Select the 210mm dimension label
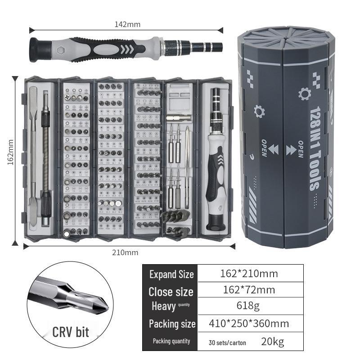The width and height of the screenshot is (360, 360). coord(125,252)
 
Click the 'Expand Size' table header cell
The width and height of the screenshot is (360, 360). coord(171,274)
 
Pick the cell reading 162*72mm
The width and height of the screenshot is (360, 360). coord(249,289)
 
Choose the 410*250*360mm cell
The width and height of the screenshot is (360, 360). coord(249,323)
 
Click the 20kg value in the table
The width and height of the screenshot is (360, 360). coord(272,342)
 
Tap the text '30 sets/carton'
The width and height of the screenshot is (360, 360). coord(227,342)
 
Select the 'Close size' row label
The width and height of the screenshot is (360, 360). coord(171,291)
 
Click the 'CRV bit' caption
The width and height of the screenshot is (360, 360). coord(71,333)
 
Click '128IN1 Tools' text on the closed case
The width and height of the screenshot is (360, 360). coord(315,148)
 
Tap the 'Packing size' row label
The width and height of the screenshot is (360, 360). coord(171,324)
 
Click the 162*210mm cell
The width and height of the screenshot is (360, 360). coord(249,273)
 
